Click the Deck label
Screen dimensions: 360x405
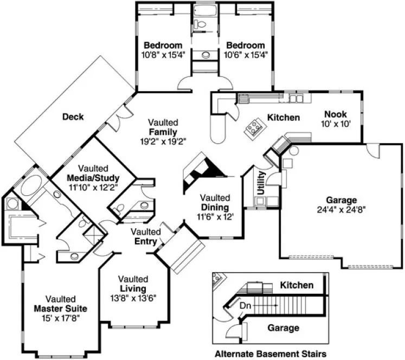click(x=73, y=117)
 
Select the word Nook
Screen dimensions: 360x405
click(x=336, y=114)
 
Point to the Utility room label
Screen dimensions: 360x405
click(x=261, y=182)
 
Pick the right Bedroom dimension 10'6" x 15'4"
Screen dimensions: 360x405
click(x=246, y=54)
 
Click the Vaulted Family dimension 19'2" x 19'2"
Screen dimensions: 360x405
click(x=163, y=141)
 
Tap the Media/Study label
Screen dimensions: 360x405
click(x=93, y=178)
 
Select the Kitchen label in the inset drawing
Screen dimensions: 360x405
click(x=297, y=285)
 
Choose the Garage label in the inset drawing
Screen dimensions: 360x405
click(x=282, y=328)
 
